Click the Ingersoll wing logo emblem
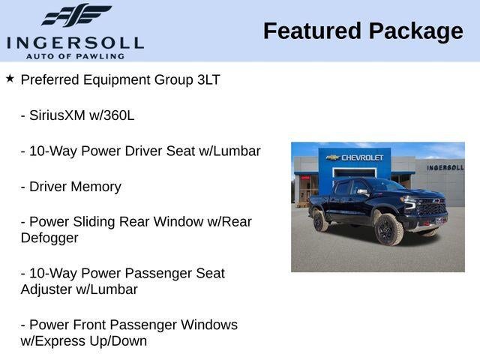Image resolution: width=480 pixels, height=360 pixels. pyautogui.click(x=76, y=15)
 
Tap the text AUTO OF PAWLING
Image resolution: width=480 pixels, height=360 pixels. pyautogui.click(x=75, y=55)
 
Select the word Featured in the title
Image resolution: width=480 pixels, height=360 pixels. pyautogui.click(x=312, y=31)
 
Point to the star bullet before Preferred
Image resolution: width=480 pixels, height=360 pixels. pyautogui.click(x=10, y=78)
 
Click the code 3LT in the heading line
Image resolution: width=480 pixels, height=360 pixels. pyautogui.click(x=207, y=79)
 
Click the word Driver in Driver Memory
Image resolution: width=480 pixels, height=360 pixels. pyautogui.click(x=50, y=187)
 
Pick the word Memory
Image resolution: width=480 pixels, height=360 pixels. pyautogui.click(x=97, y=187)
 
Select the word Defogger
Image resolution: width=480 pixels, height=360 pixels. pyautogui.click(x=49, y=238)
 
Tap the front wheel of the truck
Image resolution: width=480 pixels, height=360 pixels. pyautogui.click(x=388, y=229)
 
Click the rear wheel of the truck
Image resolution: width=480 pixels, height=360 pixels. pyautogui.click(x=319, y=220)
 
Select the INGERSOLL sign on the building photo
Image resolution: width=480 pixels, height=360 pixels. pyautogui.click(x=445, y=167)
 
